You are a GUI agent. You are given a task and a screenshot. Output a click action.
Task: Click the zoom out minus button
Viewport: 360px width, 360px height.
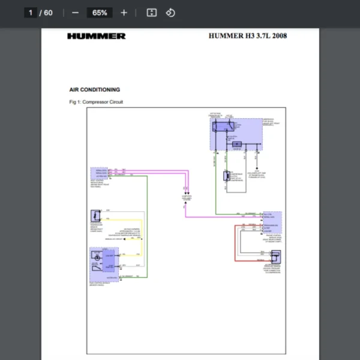(x=75, y=13)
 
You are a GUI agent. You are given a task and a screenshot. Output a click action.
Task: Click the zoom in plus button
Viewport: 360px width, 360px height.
(x=124, y=13)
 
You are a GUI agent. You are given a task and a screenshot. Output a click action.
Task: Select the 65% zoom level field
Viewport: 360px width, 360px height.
(x=100, y=13)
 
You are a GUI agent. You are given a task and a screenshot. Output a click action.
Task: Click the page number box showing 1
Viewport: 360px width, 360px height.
(x=31, y=13)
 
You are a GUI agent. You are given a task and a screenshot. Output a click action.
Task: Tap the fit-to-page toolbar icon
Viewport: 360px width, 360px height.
(x=152, y=13)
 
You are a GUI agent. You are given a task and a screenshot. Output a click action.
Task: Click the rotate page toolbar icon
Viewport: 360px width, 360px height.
(x=170, y=13)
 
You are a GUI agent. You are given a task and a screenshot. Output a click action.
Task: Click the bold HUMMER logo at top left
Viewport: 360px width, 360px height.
(x=96, y=36)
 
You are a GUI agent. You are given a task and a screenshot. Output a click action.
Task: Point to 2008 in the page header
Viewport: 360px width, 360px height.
(x=279, y=36)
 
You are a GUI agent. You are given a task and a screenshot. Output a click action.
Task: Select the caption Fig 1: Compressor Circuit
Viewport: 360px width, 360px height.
(x=96, y=102)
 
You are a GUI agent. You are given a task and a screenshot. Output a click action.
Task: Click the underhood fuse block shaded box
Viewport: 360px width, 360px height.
(x=236, y=133)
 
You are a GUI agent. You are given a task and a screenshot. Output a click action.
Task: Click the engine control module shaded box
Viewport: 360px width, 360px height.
(x=272, y=223)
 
